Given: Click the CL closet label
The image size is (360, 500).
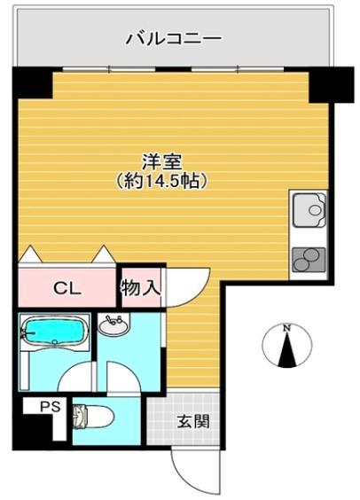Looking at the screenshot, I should [x=67, y=287].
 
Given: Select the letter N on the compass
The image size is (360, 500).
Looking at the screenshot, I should [x=286, y=329].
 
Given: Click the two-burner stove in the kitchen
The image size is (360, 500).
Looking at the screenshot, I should [x=309, y=258].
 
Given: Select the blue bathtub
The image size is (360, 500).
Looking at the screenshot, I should [x=55, y=334].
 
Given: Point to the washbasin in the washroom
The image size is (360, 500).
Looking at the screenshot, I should [x=114, y=326].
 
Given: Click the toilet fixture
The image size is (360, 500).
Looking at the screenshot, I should [x=91, y=416].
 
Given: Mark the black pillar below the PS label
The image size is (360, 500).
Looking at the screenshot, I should [x=43, y=432].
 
